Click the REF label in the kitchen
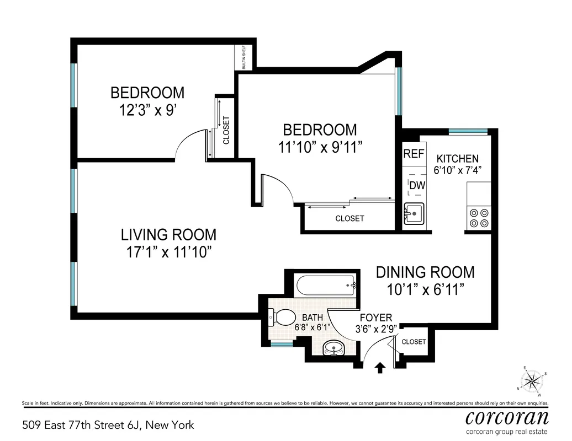414,154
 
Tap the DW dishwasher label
417,186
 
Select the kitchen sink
414,212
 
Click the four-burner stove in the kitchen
479,217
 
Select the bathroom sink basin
333,347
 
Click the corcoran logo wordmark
507,416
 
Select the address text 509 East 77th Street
108,425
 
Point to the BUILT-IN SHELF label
243,57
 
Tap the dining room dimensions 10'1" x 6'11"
425,289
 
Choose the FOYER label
375,318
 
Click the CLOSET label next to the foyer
414,342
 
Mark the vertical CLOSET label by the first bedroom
226,131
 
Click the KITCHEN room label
458,159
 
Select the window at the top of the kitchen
468,131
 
